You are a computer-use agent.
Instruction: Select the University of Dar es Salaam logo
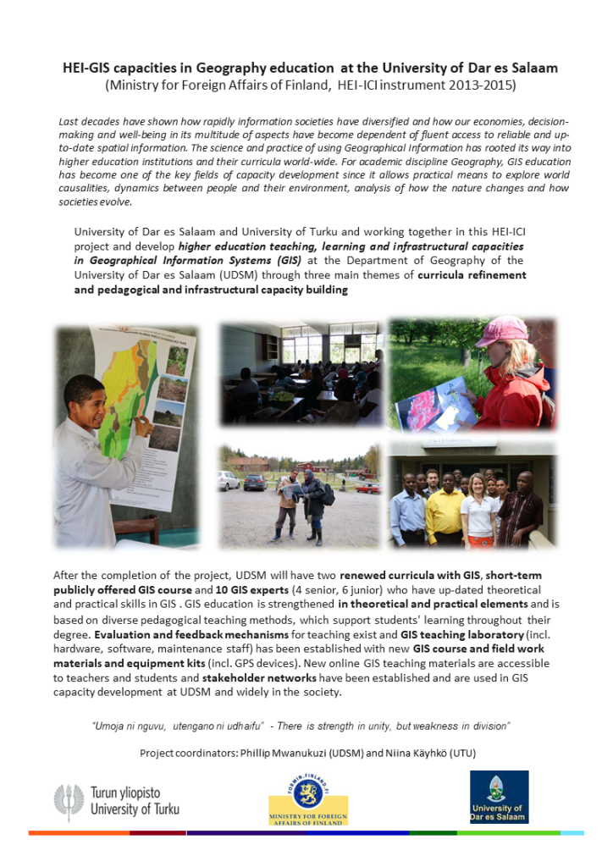pos(499,797)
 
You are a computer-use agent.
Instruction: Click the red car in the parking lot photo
pos(368,488)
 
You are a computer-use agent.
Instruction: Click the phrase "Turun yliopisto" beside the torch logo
pos(125,792)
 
